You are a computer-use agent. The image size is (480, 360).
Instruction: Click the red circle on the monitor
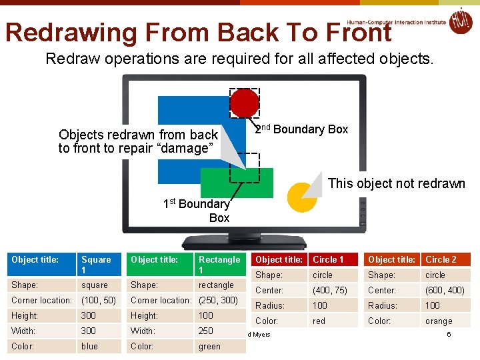pos(245,103)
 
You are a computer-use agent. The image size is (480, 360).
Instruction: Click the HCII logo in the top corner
pos(460,21)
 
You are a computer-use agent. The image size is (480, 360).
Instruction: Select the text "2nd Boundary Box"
pos(301,129)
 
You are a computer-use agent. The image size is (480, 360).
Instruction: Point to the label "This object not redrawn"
pos(396,183)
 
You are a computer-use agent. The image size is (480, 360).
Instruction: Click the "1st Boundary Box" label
pos(197,211)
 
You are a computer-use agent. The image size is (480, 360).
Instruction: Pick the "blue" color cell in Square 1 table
pos(90,346)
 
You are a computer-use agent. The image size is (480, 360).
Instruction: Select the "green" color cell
pos(209,346)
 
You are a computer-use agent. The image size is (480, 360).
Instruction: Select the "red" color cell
pos(319,321)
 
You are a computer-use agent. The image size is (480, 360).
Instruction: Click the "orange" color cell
pos(439,321)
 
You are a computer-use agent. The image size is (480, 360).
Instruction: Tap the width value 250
pos(206,331)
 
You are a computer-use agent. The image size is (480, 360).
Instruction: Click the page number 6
pos(449,334)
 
